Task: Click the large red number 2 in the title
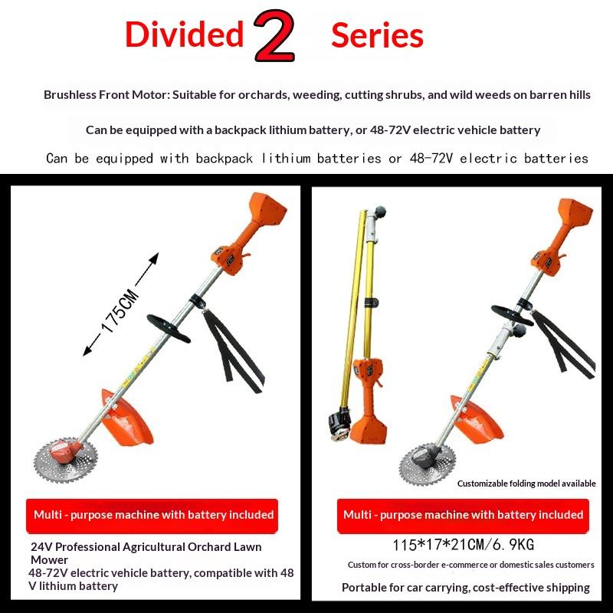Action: point(274,36)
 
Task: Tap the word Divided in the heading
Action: point(185,34)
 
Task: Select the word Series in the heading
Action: point(377,35)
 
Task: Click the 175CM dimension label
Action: point(120,311)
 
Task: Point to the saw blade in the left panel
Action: point(66,461)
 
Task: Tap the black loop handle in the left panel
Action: point(168,329)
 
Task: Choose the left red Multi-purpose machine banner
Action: point(152,516)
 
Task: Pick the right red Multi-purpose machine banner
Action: point(463,516)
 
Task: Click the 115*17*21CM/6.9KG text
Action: point(463,545)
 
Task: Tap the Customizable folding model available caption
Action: point(526,484)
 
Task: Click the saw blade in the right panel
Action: point(428,464)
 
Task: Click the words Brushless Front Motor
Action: point(107,95)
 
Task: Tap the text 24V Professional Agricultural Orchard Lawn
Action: point(146,546)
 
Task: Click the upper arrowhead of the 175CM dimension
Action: point(155,258)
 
